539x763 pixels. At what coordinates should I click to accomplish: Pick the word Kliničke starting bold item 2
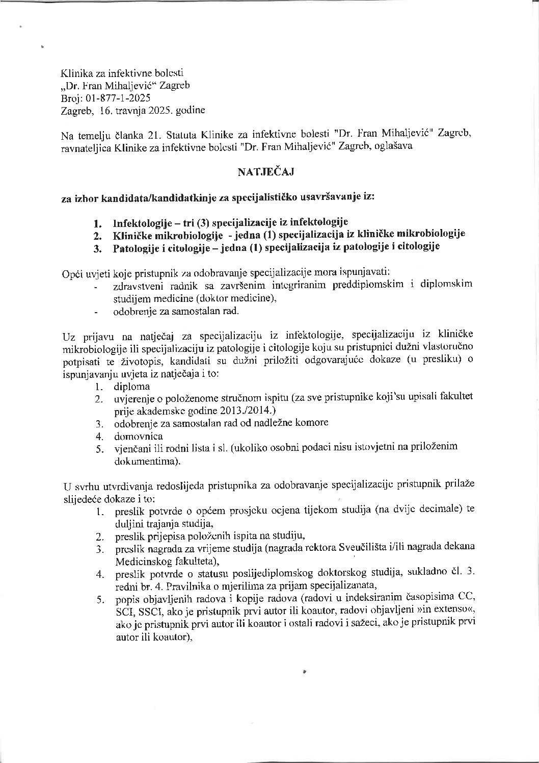point(132,235)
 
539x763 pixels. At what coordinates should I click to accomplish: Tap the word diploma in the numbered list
point(132,386)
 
